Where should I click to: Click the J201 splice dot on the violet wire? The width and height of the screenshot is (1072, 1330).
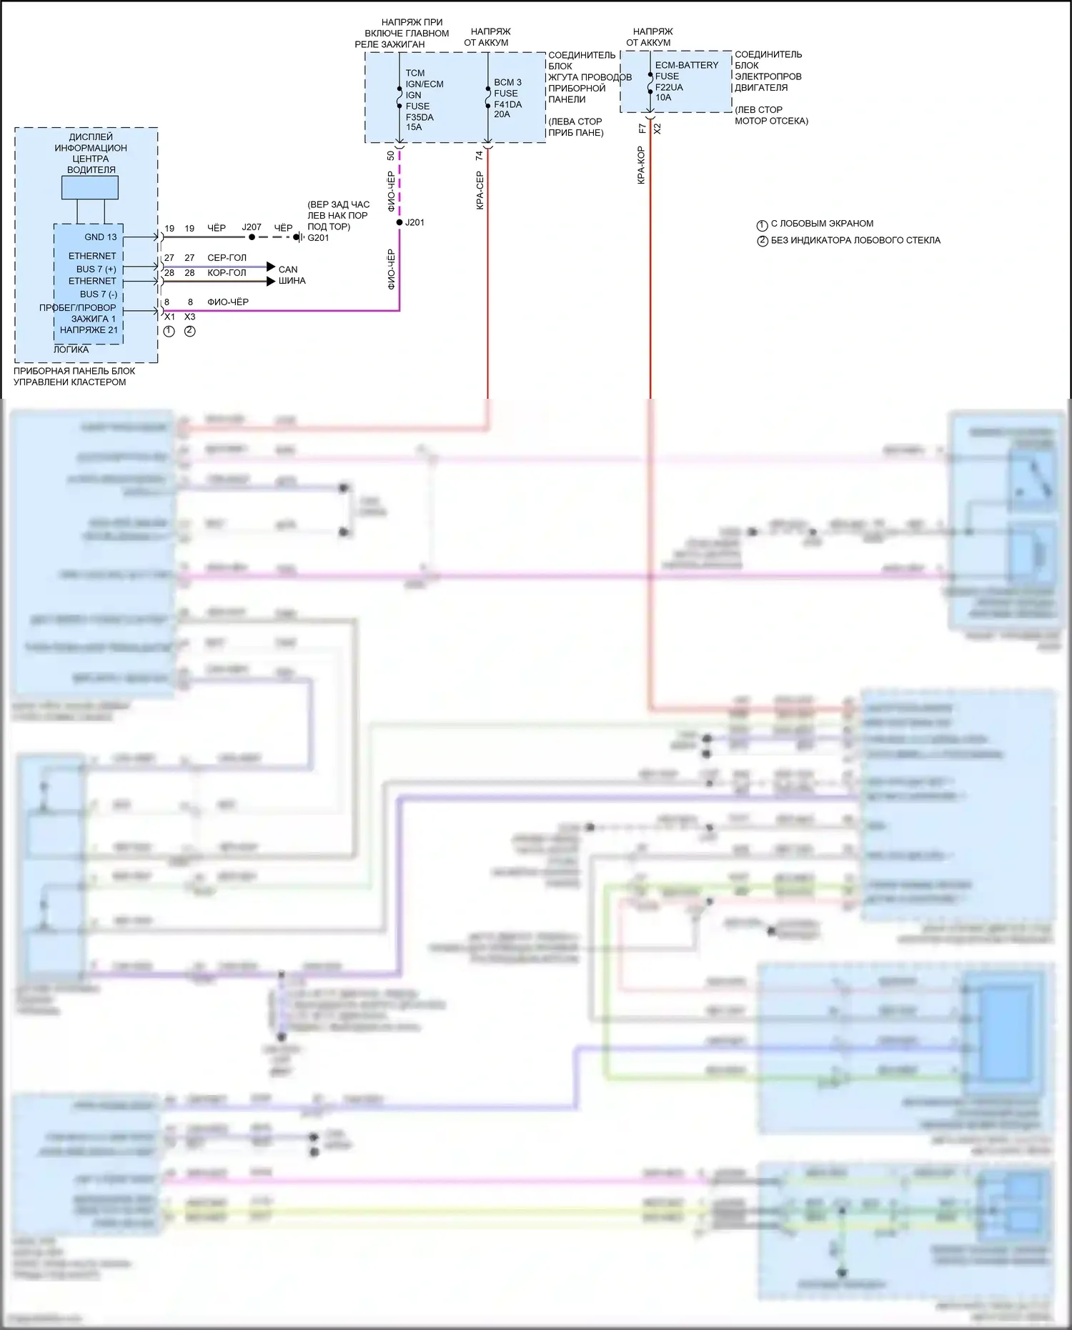[399, 222]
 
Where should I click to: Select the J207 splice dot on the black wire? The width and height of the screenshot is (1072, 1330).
[252, 237]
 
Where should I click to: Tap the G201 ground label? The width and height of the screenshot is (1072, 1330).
[318, 238]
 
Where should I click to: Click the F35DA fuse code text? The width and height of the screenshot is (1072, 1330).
[420, 117]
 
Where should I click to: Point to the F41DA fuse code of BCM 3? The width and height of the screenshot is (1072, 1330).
[507, 104]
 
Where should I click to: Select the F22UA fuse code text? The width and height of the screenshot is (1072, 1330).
[669, 87]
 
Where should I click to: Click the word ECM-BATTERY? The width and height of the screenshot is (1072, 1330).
[687, 65]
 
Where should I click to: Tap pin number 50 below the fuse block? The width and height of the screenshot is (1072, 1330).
[391, 155]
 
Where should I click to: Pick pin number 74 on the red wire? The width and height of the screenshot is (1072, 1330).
[480, 155]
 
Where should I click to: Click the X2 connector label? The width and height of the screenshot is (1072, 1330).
[657, 129]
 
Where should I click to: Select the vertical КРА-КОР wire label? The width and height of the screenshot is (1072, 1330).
[641, 166]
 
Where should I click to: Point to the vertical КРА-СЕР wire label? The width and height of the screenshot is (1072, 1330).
[480, 190]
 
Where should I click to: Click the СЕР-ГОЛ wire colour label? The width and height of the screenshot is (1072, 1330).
[227, 258]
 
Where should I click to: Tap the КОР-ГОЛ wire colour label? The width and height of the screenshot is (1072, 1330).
[227, 273]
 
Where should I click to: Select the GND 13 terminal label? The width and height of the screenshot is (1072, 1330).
[100, 237]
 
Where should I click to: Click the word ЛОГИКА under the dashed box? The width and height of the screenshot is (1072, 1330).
[71, 349]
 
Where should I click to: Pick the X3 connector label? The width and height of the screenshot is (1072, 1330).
[189, 317]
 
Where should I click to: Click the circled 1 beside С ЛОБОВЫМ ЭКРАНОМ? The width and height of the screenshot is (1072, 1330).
[762, 224]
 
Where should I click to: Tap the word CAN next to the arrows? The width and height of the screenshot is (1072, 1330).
[288, 269]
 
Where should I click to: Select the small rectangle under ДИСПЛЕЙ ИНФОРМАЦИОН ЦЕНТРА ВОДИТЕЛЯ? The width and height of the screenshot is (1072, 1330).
[90, 187]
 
